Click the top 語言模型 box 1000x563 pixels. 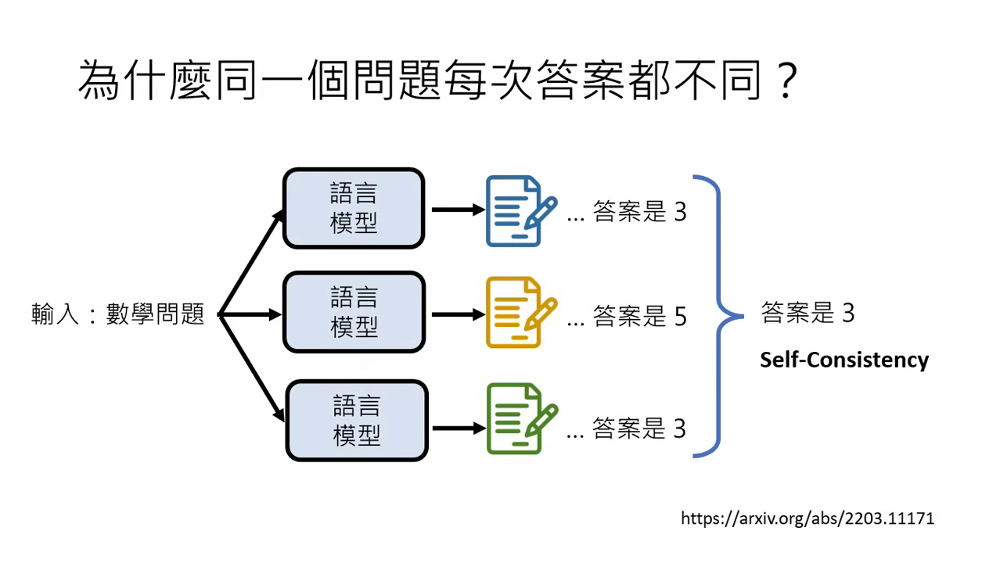point(354,209)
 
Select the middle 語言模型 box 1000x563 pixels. point(354,312)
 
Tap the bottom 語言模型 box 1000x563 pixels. point(357,420)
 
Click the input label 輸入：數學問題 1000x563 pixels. point(117,314)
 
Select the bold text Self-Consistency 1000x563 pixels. point(844,360)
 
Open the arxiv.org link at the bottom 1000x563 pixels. point(808,518)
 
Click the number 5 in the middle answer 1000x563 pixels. point(679,316)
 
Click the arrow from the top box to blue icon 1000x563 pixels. point(458,210)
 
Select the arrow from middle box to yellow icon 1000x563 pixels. point(458,314)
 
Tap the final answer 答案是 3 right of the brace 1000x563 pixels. point(808,314)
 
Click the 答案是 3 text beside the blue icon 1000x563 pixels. point(639,212)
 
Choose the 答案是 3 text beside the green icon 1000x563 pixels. point(638,429)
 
